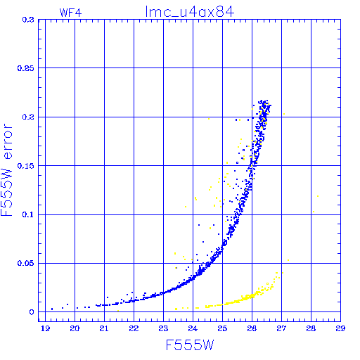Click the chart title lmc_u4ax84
190,12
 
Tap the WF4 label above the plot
70,13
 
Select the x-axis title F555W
190,345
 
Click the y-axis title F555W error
6,169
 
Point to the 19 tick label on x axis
45,328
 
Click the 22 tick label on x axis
134,328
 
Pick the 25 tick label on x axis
222,328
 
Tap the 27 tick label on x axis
281,328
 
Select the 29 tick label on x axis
340,328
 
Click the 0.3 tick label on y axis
28,20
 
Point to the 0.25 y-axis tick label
26,68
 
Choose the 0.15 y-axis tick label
26,166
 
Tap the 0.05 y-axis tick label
26,263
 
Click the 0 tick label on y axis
32,312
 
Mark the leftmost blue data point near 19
52,309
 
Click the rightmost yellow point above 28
318,196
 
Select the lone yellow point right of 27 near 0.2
284,114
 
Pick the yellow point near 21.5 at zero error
118,311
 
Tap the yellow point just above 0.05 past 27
288,260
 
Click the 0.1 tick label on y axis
28,214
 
